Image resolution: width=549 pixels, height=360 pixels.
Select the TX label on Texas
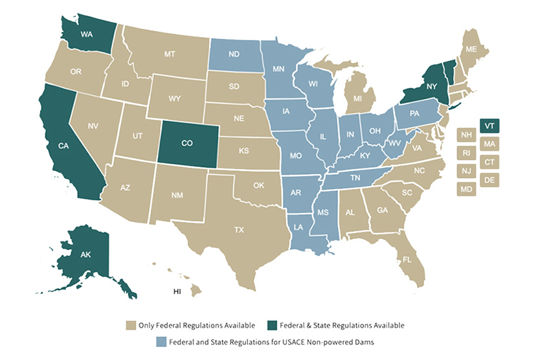point(239,229)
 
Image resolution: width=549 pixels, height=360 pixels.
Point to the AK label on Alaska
point(85,254)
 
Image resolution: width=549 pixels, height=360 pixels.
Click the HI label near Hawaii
point(177,291)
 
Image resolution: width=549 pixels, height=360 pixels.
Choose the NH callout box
point(465,135)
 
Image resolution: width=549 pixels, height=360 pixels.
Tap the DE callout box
point(489,180)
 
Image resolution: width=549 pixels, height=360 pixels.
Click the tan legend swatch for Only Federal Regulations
point(131,325)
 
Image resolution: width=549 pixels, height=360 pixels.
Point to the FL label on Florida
point(407,260)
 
